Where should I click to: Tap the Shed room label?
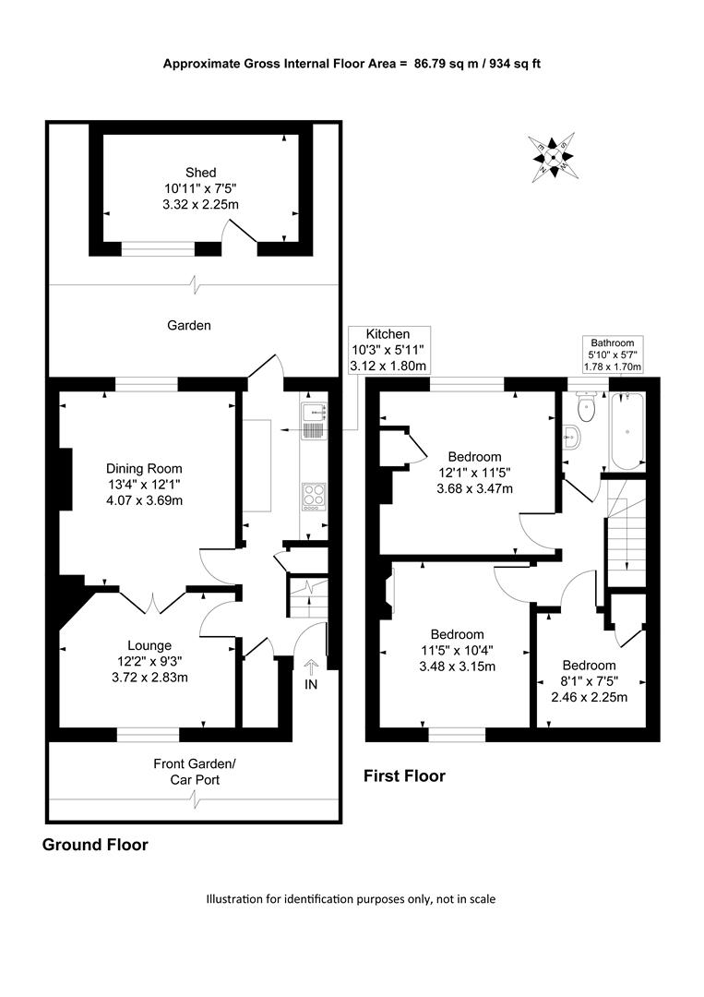click(x=201, y=173)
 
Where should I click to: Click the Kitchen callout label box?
click(x=388, y=351)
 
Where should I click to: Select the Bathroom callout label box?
click(x=613, y=354)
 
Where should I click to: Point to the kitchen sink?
click(x=314, y=421)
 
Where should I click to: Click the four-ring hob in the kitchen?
click(x=313, y=497)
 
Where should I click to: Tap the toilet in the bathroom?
click(x=585, y=407)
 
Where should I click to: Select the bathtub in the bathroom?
click(x=627, y=431)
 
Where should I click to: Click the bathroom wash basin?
click(x=572, y=436)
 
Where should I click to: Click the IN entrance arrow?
click(x=311, y=667)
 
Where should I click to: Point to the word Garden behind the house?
click(x=189, y=326)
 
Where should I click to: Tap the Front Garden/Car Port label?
click(x=195, y=772)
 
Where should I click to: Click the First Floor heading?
click(x=404, y=775)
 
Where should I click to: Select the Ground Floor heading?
click(x=95, y=845)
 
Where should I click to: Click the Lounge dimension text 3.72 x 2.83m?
click(x=150, y=678)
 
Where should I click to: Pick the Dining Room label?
click(x=144, y=469)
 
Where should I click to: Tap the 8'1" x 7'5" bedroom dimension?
click(x=589, y=681)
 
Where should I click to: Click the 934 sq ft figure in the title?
click(x=515, y=64)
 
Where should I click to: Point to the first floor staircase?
click(x=626, y=533)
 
